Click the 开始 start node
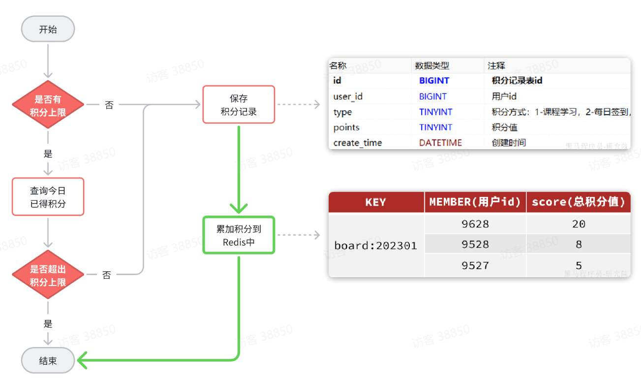click(x=48, y=29)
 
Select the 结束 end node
click(x=48, y=360)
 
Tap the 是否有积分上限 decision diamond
click(x=48, y=105)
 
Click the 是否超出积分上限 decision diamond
click(x=48, y=276)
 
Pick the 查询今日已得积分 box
click(x=48, y=197)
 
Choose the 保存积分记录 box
click(x=239, y=105)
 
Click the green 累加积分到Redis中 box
click(x=239, y=235)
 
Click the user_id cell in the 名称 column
click(x=348, y=96)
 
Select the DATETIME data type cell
click(x=440, y=143)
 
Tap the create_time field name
click(x=357, y=143)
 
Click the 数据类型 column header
click(x=432, y=65)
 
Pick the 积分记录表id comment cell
click(x=517, y=80)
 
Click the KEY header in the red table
click(x=376, y=202)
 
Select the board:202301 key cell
click(x=376, y=245)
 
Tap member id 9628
click(x=475, y=224)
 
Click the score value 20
click(x=579, y=224)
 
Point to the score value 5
click(x=579, y=266)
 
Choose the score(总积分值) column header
click(x=579, y=202)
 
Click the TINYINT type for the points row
click(x=435, y=127)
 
